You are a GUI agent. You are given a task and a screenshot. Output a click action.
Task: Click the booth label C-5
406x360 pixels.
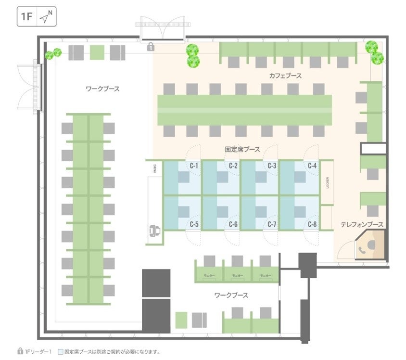[194, 224]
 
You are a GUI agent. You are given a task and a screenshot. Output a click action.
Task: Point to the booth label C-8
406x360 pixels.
[313, 224]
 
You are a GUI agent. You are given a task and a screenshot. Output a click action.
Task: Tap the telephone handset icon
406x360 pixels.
[361, 249]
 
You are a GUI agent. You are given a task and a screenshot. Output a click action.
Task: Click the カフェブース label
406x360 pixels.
[286, 76]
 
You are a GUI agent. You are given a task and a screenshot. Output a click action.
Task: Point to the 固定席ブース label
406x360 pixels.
[242, 150]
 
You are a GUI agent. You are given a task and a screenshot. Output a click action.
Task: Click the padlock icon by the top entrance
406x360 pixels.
[151, 47]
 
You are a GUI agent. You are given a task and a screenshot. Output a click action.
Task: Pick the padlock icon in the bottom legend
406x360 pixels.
[20, 352]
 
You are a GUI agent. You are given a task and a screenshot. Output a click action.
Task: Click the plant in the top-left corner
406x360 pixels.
[53, 53]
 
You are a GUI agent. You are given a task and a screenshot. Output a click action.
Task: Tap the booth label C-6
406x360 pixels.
[234, 224]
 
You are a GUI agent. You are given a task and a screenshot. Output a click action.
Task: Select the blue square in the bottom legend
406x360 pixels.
[60, 352]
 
